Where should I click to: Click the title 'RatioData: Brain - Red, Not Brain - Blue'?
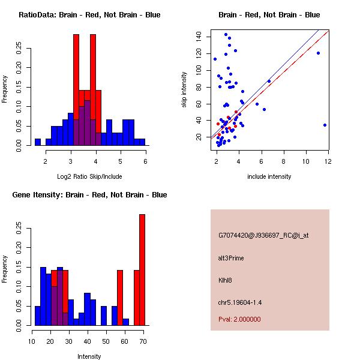pos(89,14)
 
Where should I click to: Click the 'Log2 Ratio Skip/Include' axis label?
pos(89,176)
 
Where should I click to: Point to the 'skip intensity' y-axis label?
pos(185,89)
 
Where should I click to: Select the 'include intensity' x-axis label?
pos(269,176)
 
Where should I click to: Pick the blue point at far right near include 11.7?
pos(325,125)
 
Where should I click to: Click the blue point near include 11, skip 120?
pos(318,53)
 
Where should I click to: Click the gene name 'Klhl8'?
pos(226,280)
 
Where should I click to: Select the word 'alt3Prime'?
pos(231,258)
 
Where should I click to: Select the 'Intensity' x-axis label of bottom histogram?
pos(89,356)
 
